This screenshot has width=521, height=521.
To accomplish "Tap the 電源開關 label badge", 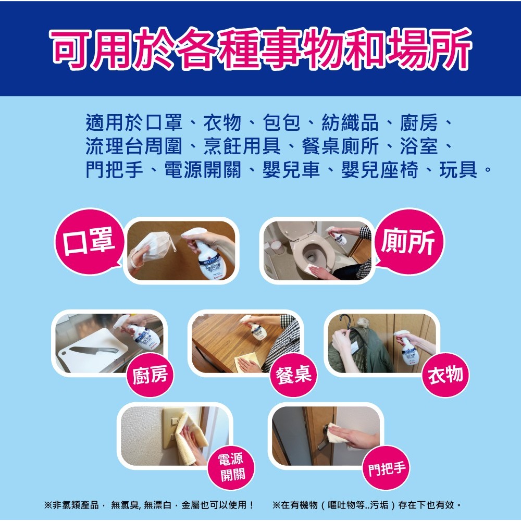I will point(230,467).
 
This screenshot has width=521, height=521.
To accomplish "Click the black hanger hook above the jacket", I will point(344,318).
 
